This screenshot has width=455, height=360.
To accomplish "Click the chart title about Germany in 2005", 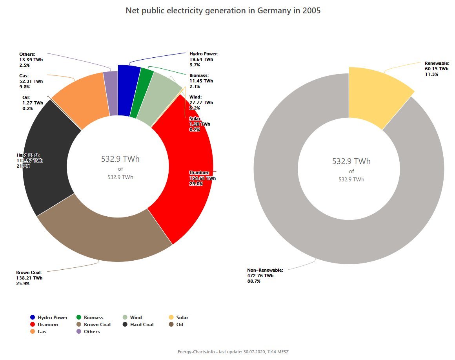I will pyautogui.click(x=223, y=11).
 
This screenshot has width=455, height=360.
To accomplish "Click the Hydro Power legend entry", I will pyautogui.click(x=49, y=317).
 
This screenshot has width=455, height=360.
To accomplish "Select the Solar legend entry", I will pyautogui.click(x=178, y=317).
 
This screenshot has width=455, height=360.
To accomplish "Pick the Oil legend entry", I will pyautogui.click(x=176, y=325).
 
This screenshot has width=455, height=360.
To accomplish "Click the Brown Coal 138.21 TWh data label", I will pyautogui.click(x=29, y=278).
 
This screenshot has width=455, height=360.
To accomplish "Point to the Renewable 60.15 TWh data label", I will pyautogui.click(x=437, y=69).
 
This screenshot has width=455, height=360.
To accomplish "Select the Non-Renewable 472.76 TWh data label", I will pyautogui.click(x=265, y=275).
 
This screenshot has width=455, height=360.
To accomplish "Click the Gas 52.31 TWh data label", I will pyautogui.click(x=31, y=81).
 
